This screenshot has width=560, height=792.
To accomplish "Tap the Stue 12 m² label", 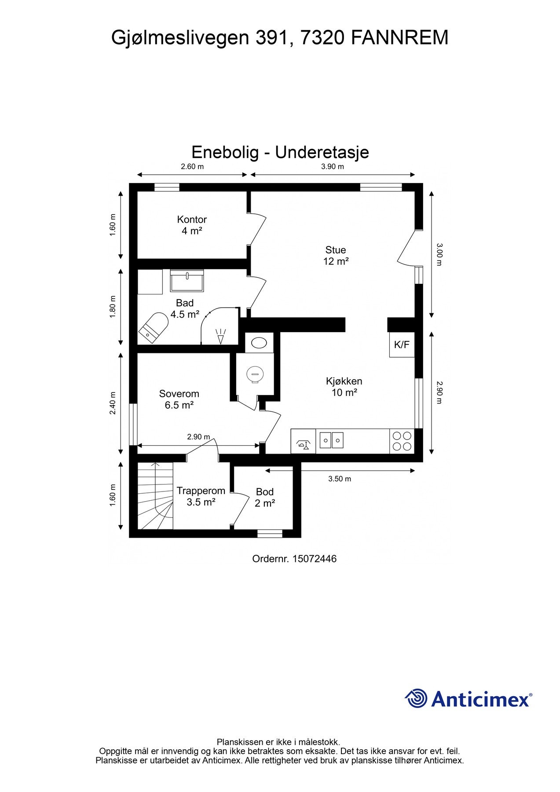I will click(336, 256).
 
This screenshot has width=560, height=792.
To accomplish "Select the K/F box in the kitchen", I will click(401, 345).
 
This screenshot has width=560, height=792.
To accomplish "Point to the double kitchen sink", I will click(331, 440).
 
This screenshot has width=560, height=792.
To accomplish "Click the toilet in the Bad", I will click(153, 328).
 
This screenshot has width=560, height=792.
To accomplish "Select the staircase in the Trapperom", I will click(155, 496).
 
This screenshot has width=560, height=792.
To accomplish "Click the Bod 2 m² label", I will click(264, 498).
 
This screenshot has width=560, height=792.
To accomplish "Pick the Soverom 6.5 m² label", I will click(179, 400).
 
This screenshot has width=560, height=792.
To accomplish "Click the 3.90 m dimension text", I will click(333, 166).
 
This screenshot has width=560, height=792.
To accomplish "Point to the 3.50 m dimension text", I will click(340, 479).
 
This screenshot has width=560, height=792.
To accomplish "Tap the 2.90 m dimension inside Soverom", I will click(198, 437).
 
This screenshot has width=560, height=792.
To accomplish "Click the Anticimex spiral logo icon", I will click(416, 698).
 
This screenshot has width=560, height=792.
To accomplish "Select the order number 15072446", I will click(314, 559).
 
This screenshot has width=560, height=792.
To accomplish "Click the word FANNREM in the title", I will click(399, 38).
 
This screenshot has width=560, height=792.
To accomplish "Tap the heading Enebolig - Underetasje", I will click(280, 152).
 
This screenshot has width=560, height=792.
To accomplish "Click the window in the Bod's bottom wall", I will click(270, 534).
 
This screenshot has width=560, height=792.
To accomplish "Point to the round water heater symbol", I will click(255, 374).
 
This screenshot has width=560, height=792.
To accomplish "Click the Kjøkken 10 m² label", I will click(344, 387).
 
